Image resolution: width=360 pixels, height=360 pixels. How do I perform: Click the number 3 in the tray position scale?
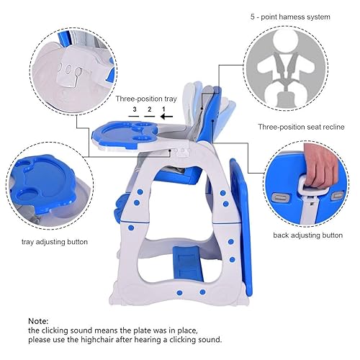134,110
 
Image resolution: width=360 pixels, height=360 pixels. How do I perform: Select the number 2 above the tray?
149,110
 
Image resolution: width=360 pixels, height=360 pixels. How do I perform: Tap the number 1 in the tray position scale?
163,110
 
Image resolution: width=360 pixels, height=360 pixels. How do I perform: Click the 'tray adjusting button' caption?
55,242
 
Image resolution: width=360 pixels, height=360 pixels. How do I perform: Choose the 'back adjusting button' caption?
307,235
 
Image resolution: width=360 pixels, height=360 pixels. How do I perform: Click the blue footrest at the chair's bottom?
188,262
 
